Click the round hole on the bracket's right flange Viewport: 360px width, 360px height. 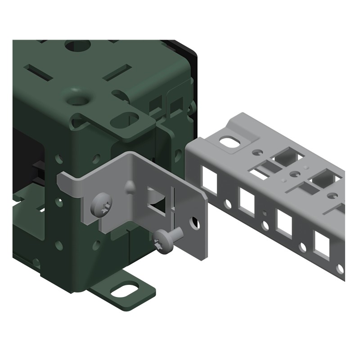point(195,222)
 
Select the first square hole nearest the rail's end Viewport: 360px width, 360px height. point(210,176)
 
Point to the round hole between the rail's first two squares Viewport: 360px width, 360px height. point(229,203)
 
